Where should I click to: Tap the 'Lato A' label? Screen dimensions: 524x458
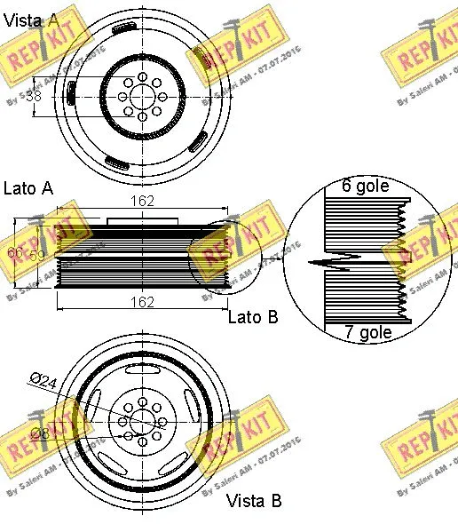tap(28, 187)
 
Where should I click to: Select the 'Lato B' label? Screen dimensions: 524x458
tap(253, 316)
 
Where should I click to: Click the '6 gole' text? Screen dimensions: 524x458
tap(366, 187)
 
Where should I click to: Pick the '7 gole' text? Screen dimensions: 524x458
tap(367, 333)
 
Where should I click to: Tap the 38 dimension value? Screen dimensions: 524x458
tap(34, 95)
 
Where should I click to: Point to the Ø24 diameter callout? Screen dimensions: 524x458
tap(43, 380)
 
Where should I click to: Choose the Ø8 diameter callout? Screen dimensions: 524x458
tap(41, 433)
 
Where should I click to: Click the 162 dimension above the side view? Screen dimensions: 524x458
tap(143, 202)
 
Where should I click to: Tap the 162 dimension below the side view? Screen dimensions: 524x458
tap(143, 302)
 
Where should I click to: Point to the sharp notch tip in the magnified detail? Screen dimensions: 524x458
tap(312, 262)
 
